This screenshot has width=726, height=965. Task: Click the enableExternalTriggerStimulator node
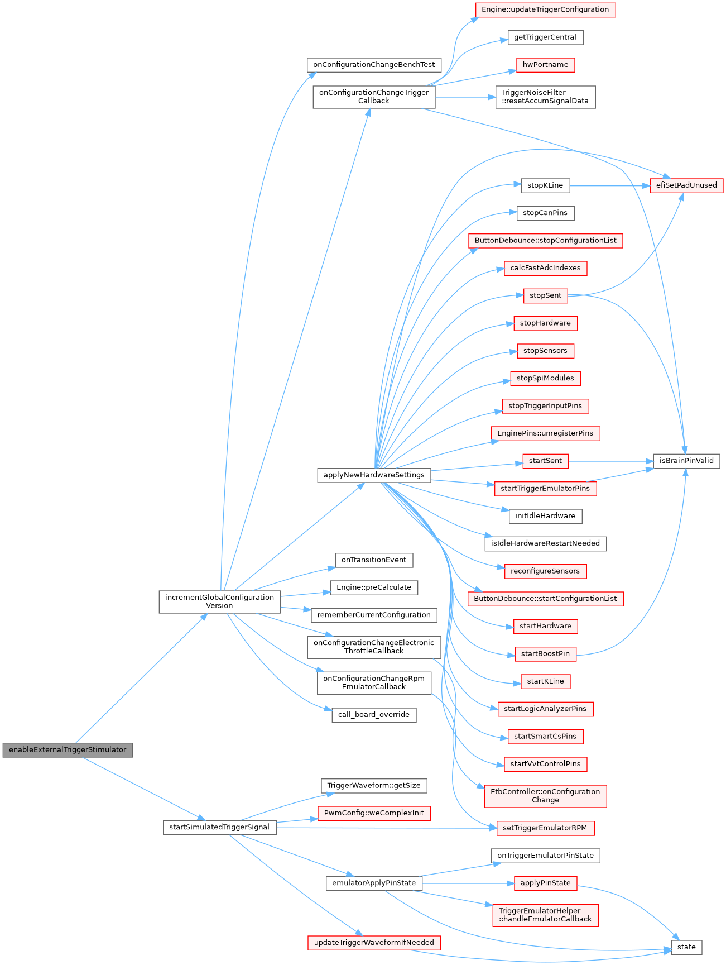click(68, 749)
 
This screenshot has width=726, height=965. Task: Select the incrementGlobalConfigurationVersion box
click(219, 601)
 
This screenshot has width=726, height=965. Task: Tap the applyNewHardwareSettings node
click(374, 475)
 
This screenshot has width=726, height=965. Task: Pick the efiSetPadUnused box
click(686, 185)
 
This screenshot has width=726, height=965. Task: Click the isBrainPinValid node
click(686, 461)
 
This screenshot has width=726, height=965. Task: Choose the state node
click(686, 947)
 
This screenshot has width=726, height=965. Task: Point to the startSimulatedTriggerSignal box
click(219, 827)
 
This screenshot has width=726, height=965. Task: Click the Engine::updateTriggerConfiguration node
click(545, 9)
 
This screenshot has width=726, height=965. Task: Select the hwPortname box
click(545, 65)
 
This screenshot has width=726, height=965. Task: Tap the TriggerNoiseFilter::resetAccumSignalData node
click(545, 97)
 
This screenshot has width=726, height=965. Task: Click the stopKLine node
click(545, 185)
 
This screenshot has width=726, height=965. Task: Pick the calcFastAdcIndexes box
click(545, 268)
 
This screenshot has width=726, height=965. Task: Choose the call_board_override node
click(374, 715)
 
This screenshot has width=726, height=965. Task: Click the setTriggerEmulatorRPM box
click(545, 828)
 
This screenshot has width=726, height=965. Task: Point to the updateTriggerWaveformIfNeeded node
click(374, 943)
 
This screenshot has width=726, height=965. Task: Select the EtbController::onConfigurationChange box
click(545, 796)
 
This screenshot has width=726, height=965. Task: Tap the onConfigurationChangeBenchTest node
click(374, 65)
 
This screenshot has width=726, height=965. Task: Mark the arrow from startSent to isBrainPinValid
click(610, 461)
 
